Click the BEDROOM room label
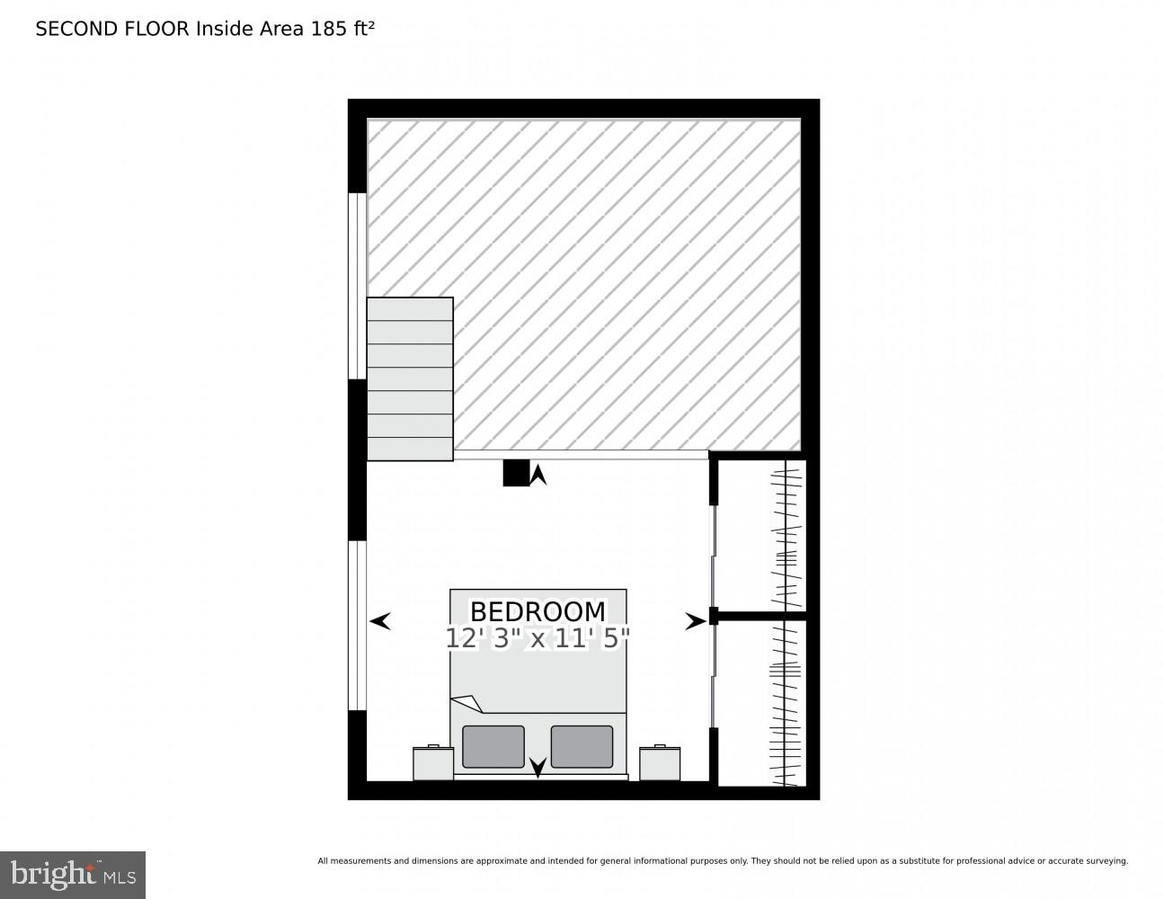click(538, 611)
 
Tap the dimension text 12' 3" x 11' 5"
click(538, 638)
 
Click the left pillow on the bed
click(493, 746)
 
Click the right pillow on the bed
click(582, 746)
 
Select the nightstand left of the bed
click(433, 763)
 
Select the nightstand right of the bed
click(660, 763)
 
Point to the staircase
click(410, 379)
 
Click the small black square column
click(515, 473)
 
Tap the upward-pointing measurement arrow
click(538, 475)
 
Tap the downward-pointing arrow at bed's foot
click(538, 767)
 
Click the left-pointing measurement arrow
click(380, 620)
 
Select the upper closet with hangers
click(762, 536)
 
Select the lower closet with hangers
click(762, 703)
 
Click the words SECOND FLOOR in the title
click(112, 29)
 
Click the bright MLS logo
click(73, 875)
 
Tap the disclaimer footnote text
click(723, 861)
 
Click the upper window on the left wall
click(357, 286)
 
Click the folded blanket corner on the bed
click(466, 703)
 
